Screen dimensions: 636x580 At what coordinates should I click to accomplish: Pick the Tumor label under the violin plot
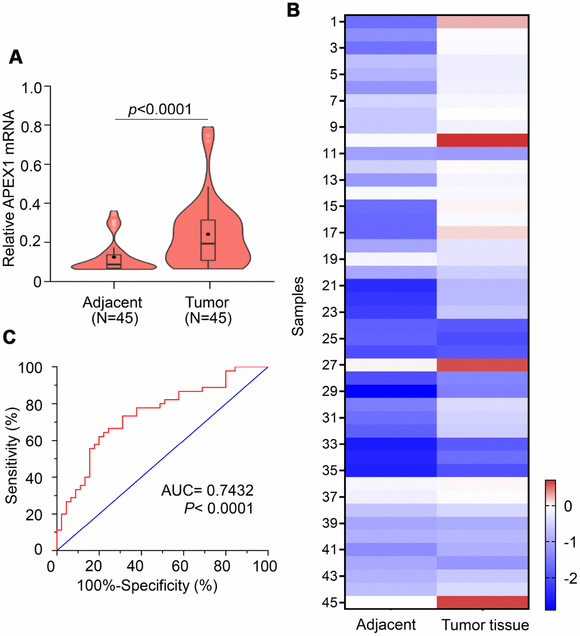click(x=209, y=302)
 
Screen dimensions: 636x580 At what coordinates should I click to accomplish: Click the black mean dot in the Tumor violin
click(x=208, y=234)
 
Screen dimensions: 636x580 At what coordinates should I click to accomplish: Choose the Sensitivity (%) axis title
click(x=10, y=458)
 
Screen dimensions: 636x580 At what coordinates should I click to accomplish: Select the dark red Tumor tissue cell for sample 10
click(x=482, y=140)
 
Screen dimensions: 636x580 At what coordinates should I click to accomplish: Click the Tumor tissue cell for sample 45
click(x=482, y=603)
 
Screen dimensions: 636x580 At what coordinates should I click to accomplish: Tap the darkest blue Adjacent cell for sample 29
click(x=390, y=391)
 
